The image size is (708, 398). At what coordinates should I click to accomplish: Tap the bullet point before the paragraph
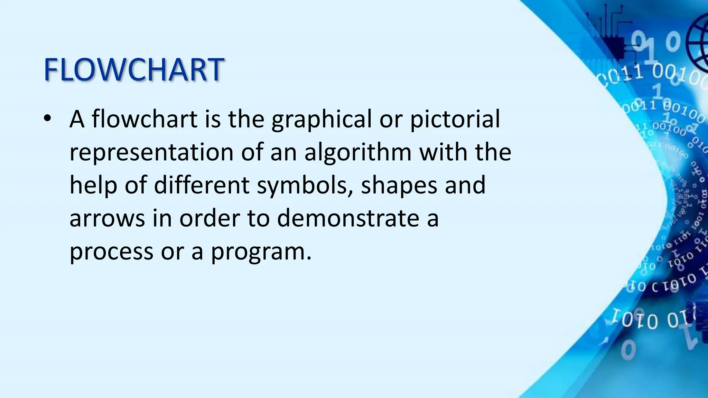[x=47, y=118]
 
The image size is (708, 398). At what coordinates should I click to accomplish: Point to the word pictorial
[x=455, y=120]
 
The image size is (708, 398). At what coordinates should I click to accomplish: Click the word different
[x=202, y=185]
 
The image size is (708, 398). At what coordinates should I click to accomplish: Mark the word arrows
[x=107, y=219]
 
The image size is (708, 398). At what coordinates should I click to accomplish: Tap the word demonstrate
[x=348, y=218]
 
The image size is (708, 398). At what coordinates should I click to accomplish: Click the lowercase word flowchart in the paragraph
[x=145, y=119]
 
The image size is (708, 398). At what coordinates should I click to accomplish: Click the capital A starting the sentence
[x=77, y=119]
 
